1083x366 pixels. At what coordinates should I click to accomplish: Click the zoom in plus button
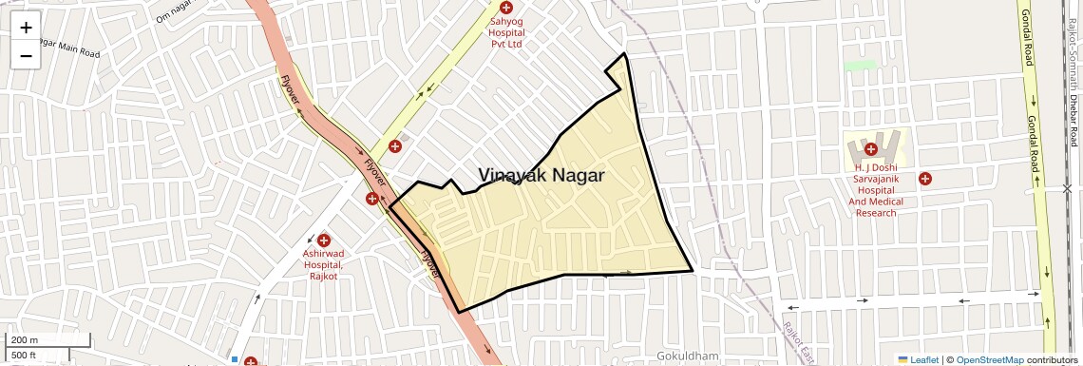pyautogui.click(x=26, y=27)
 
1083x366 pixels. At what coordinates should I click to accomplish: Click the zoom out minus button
pyautogui.click(x=26, y=55)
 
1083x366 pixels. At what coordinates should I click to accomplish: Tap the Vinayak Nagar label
pyautogui.click(x=541, y=175)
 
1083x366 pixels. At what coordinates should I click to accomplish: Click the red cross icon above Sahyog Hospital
pyautogui.click(x=505, y=8)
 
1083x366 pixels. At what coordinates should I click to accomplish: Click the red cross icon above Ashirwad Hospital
pyautogui.click(x=324, y=240)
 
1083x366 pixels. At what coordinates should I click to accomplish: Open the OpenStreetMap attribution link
pyautogui.click(x=989, y=360)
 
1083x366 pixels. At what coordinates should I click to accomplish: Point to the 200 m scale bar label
pyautogui.click(x=25, y=340)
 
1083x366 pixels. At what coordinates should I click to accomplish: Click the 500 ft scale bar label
pyautogui.click(x=25, y=355)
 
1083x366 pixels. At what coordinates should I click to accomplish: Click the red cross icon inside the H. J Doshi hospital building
pyautogui.click(x=870, y=148)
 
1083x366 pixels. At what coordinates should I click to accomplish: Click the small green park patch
pyautogui.click(x=860, y=66)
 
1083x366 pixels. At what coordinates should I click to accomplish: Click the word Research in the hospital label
pyautogui.click(x=876, y=213)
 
